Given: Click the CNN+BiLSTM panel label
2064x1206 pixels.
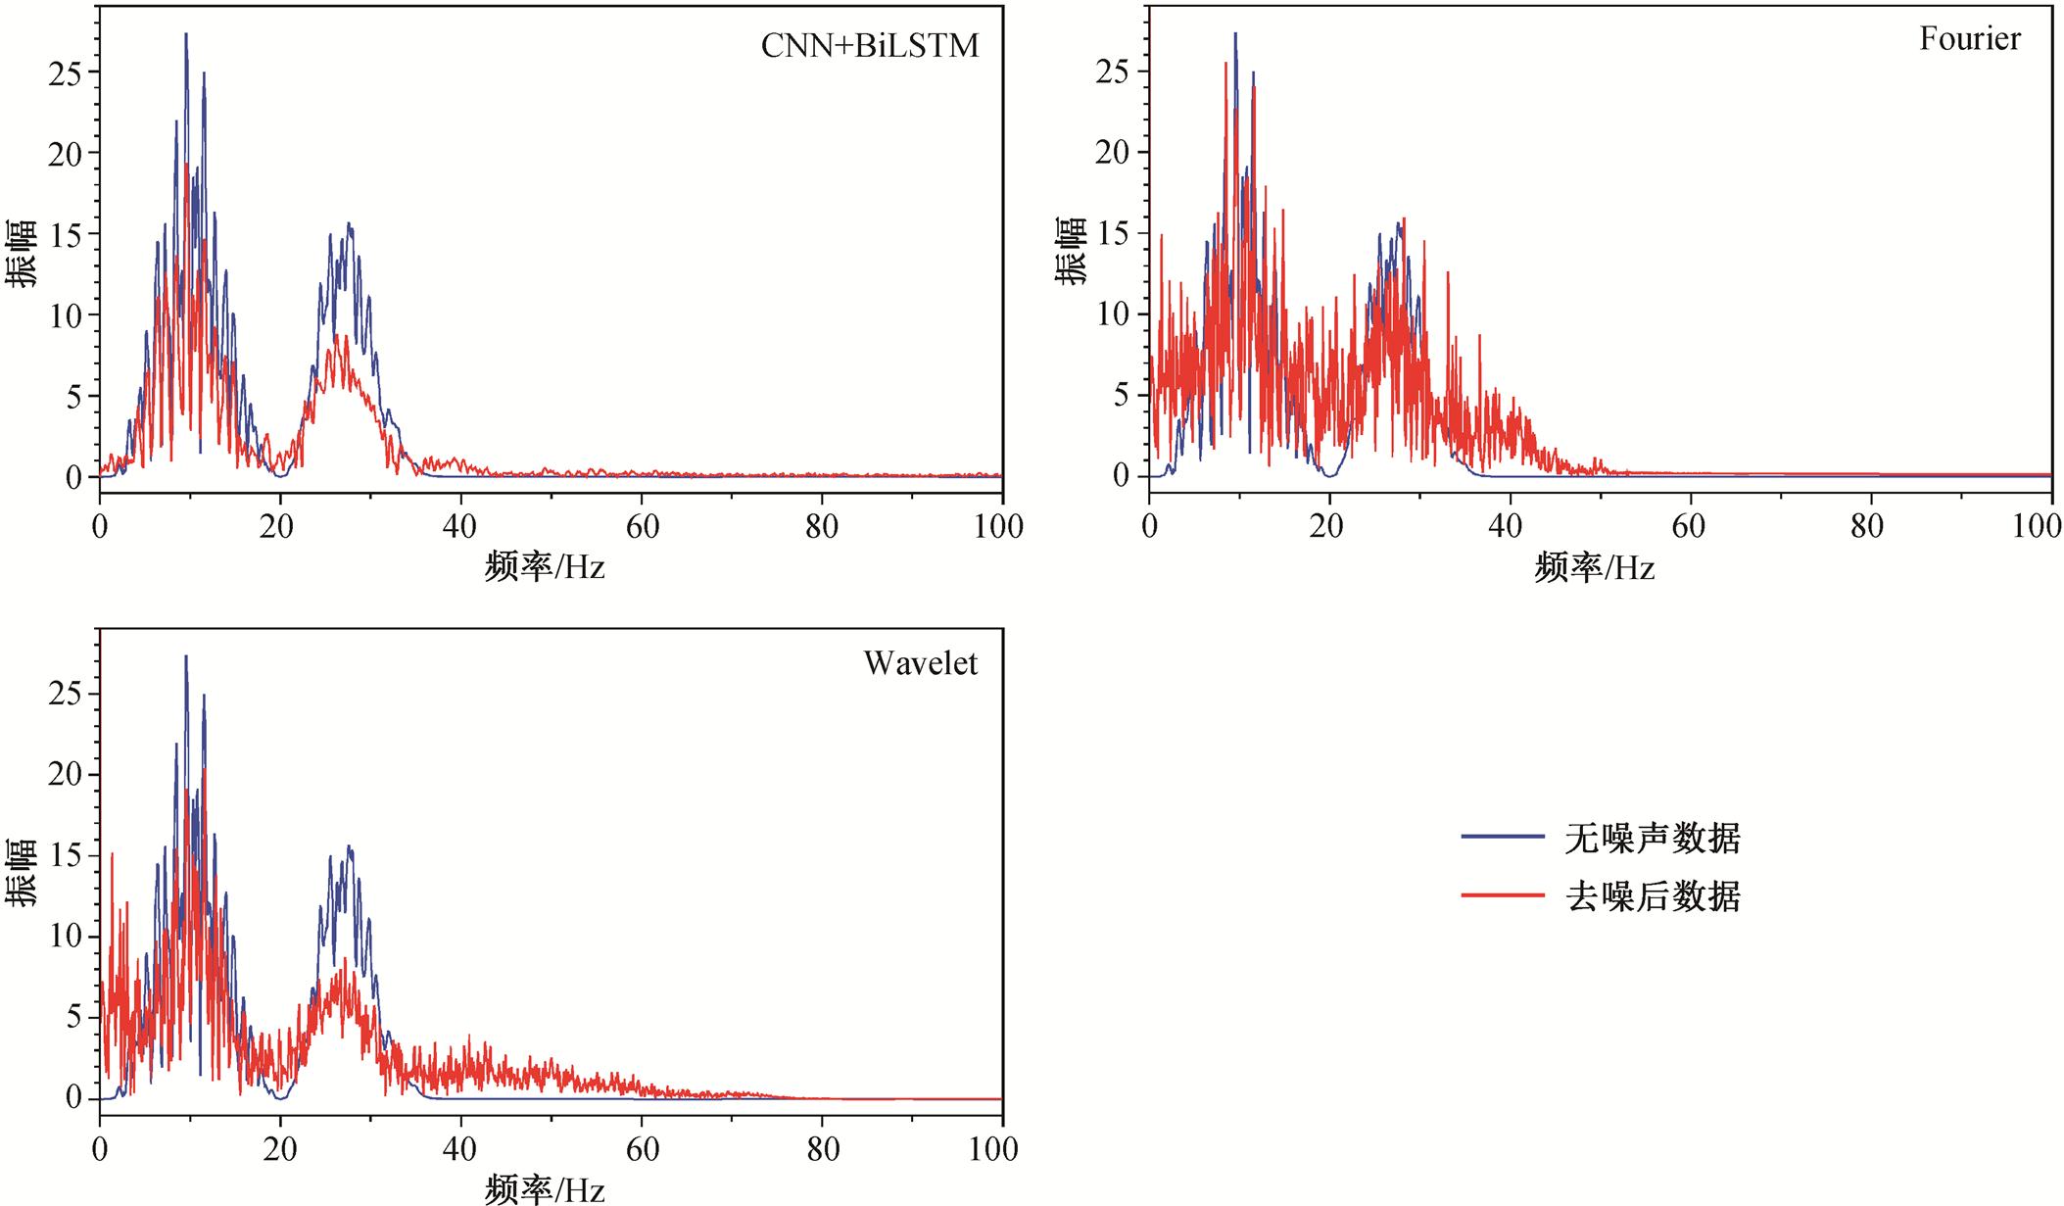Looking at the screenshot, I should pos(870,46).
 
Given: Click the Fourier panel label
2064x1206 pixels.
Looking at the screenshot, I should pos(1969,39).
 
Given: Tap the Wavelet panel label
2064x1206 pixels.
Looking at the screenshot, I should pos(920,664).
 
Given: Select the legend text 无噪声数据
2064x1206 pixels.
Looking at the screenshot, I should pos(1652,839).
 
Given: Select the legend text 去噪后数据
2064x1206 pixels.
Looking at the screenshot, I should pos(1652,896).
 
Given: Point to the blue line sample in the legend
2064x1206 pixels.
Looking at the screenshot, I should pos(1503,838).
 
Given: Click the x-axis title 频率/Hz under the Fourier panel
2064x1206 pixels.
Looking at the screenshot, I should pos(1595,567).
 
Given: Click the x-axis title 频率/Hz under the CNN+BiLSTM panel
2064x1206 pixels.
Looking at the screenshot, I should pos(545,567).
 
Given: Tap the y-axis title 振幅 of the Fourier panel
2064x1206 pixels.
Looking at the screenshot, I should pos(1071,251).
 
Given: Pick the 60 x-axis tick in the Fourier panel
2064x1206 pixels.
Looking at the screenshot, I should pos(1689,527).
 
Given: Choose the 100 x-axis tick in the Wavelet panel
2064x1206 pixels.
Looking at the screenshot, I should pos(993,1149).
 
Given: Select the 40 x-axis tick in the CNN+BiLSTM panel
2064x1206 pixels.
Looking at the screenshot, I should pos(459,527).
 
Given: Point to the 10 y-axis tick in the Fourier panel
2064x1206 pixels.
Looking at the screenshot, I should pos(1115,315).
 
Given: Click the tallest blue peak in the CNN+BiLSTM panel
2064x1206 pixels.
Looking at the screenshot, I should pos(186,35).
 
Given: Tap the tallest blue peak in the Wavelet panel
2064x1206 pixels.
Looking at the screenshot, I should pos(186,657).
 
